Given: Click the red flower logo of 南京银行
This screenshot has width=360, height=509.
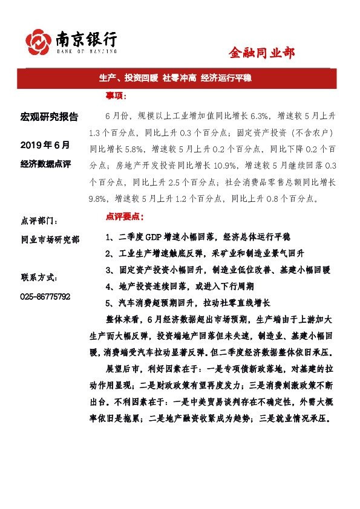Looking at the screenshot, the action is (37, 42).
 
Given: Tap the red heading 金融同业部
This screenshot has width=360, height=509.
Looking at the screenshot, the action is (261, 53).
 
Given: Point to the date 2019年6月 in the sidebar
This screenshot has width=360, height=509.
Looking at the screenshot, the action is (45, 145).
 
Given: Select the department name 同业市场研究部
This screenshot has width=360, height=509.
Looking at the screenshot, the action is (50, 239).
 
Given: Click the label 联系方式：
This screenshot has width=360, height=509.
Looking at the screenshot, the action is (40, 277).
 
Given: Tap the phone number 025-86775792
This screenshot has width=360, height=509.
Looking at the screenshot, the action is (45, 296).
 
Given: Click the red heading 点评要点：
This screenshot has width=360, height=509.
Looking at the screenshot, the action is (125, 216).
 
